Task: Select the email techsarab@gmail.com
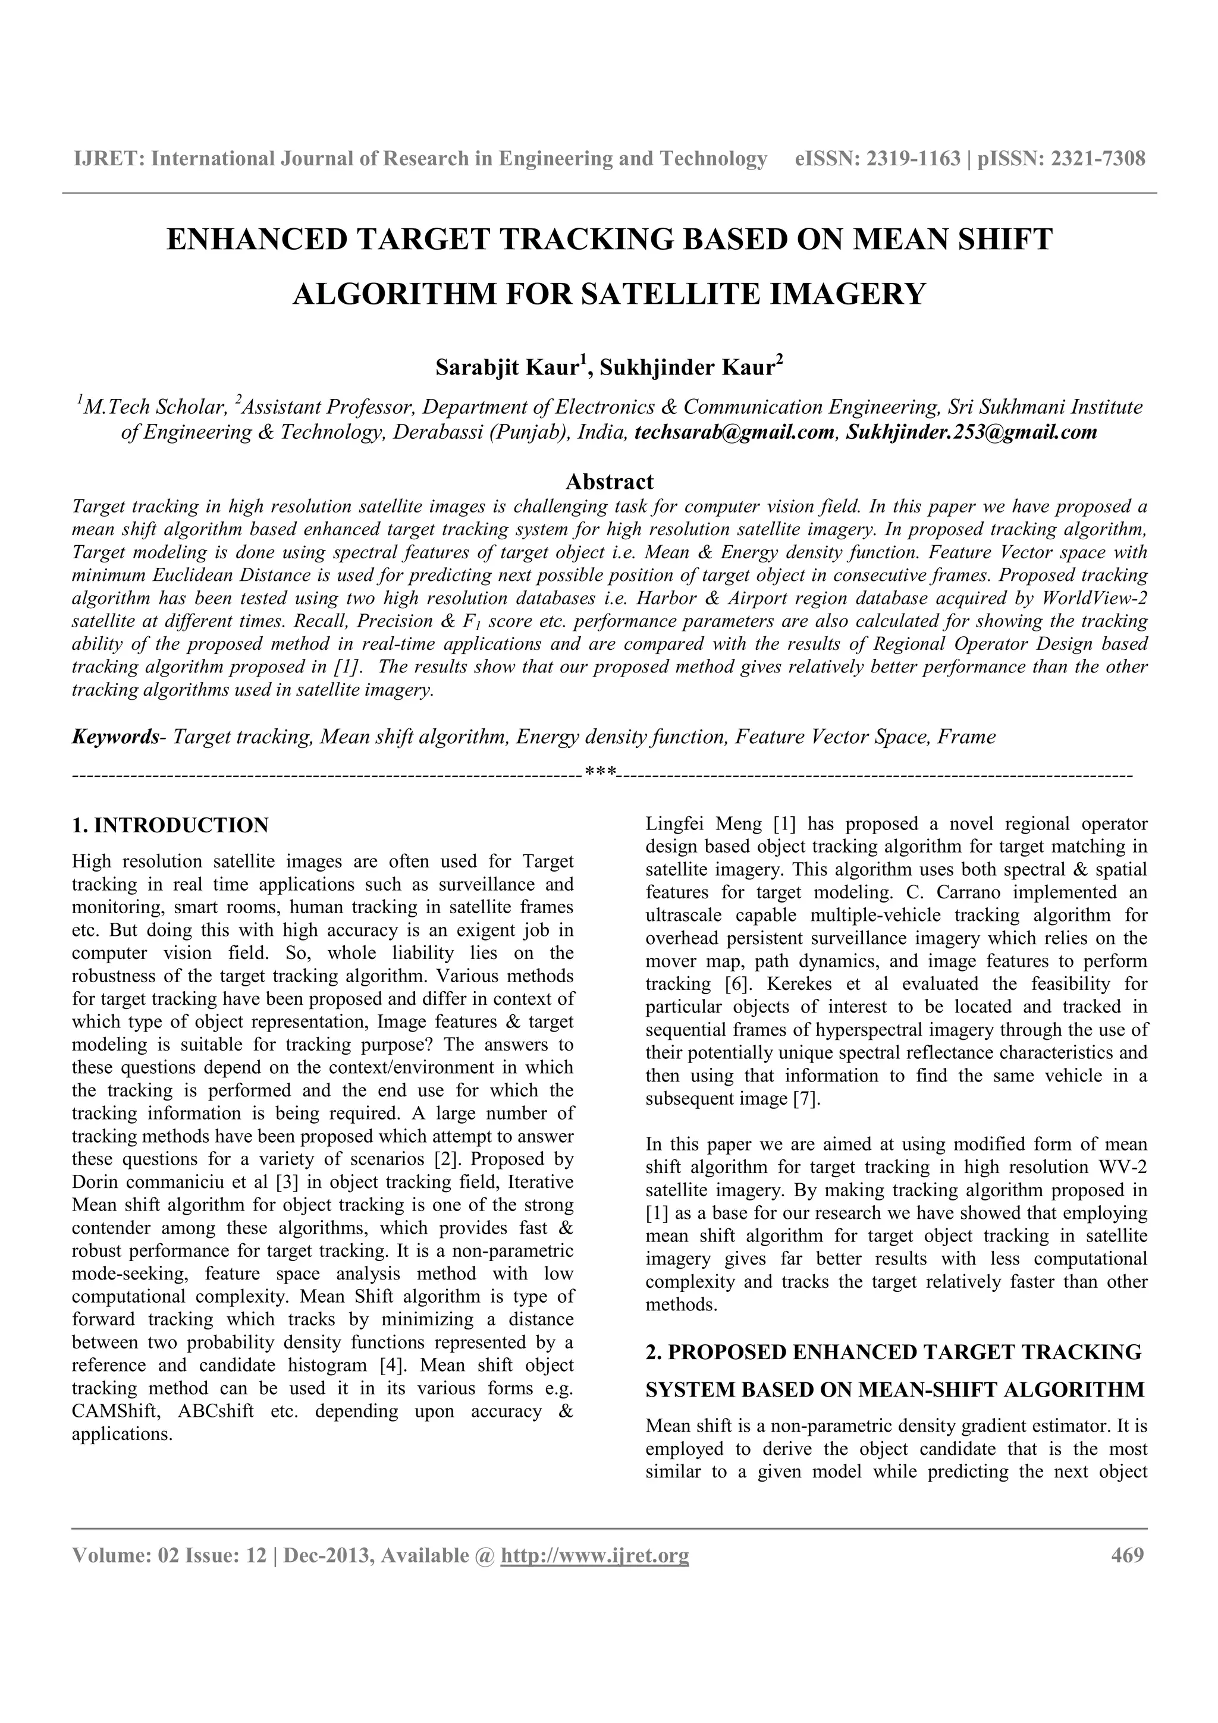coord(733,432)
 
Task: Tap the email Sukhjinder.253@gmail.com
coord(971,432)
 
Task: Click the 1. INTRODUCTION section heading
coord(169,825)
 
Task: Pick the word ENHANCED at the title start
coord(257,240)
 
